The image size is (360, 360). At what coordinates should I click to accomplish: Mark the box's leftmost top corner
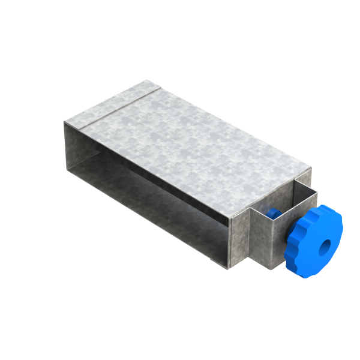pyautogui.click(x=64, y=122)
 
